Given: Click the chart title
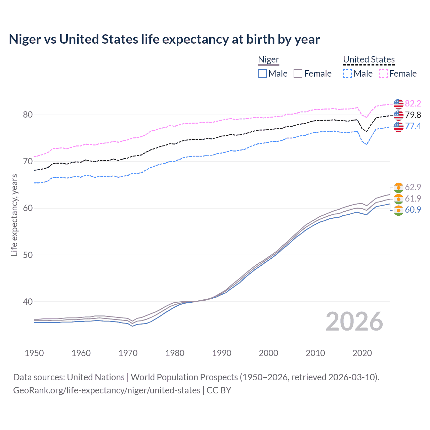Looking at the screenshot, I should (164, 39).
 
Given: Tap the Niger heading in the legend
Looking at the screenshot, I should (268, 59).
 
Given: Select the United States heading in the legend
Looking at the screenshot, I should (369, 59).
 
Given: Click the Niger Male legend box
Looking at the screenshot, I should (262, 74).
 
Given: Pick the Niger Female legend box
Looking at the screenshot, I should (298, 74).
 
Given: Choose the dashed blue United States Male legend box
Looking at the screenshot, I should (347, 74).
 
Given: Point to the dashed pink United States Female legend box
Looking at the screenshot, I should (383, 74).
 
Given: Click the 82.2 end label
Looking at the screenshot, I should (413, 103).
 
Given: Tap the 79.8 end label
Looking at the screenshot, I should (413, 115).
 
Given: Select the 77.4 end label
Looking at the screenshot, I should (413, 126).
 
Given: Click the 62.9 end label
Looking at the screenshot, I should (413, 187).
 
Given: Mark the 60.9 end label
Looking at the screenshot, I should (413, 210).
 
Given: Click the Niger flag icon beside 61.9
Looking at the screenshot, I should (398, 199).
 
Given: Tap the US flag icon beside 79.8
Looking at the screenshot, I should (398, 115).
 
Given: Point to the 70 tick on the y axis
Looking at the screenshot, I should (28, 162).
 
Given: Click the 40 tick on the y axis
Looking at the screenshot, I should (28, 302).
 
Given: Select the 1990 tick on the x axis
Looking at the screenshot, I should (222, 353).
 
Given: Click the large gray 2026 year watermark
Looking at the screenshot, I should (354, 321).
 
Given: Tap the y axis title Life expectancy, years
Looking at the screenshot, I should (14, 215).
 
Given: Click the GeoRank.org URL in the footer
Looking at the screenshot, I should (107, 390).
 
